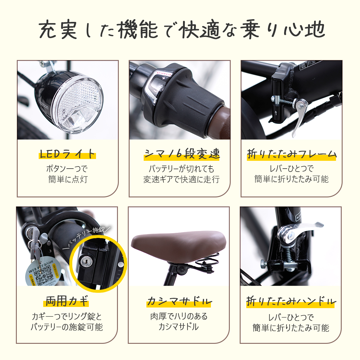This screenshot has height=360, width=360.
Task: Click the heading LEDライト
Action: tap(67, 154)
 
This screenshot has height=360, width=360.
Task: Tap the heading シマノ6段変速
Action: tap(182, 154)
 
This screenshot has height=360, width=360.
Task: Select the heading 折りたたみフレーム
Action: tap(292, 154)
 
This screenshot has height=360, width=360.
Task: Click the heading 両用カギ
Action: tap(67, 301)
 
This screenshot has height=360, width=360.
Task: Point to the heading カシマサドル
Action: tap(179, 301)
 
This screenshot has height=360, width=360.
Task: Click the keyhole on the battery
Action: tap(86, 262)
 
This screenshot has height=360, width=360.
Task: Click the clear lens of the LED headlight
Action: tap(79, 103)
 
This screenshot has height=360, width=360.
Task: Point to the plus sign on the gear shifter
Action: tap(163, 79)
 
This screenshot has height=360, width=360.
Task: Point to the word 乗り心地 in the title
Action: tap(284, 30)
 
